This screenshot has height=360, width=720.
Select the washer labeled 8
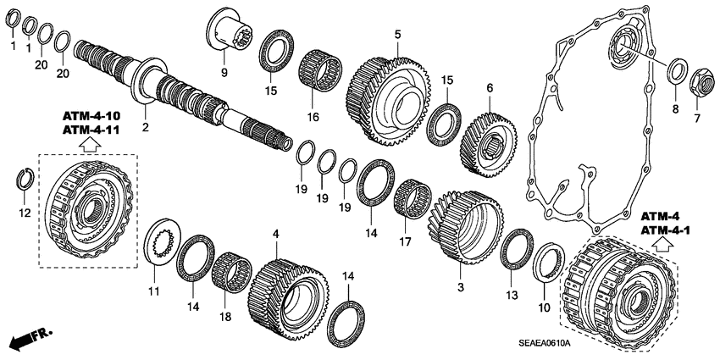(x=677, y=71)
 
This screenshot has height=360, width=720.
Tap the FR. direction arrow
(x=29, y=339)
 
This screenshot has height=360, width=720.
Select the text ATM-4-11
(x=89, y=129)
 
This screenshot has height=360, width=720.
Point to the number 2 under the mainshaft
(x=145, y=128)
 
